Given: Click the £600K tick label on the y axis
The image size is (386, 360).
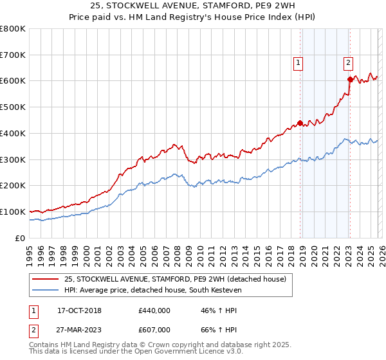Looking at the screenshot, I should click(13, 81).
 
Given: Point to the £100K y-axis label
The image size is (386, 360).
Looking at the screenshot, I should click(13, 212).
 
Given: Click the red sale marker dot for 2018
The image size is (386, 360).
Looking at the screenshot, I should click(300, 123).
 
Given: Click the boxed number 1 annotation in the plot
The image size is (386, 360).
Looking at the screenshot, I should click(299, 62).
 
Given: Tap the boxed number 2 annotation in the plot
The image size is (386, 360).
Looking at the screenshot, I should click(348, 62).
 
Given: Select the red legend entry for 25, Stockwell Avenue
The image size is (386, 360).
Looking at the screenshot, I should click(179, 279).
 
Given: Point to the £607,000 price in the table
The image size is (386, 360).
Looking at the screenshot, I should click(154, 330).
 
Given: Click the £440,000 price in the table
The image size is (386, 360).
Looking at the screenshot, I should click(154, 310).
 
